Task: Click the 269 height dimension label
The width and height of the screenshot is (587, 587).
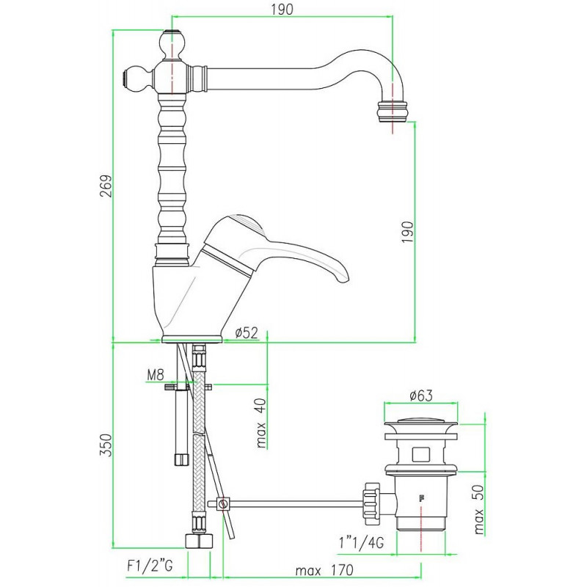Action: [x=106, y=186]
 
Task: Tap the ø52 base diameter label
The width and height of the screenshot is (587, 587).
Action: [x=247, y=332]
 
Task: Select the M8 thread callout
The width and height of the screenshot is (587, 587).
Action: [x=156, y=374]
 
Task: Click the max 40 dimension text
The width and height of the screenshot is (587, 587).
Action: [x=261, y=423]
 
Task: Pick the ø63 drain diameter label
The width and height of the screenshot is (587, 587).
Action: [x=420, y=395]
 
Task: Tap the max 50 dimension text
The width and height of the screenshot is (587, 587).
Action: [x=479, y=509]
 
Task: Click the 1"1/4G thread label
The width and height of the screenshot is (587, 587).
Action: [x=361, y=542]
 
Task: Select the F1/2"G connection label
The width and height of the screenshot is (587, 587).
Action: [x=150, y=565]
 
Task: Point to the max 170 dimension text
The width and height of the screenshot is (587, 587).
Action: [x=324, y=571]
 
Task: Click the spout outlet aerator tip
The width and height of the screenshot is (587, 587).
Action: [x=392, y=112]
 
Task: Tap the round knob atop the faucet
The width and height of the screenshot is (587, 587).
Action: [x=172, y=44]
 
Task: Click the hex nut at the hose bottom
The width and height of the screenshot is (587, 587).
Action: [x=199, y=541]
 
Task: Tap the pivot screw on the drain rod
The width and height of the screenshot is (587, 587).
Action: [x=224, y=503]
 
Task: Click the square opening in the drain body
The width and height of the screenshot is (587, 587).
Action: [x=421, y=453]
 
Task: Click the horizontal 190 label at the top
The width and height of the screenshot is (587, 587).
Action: [x=282, y=10]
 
